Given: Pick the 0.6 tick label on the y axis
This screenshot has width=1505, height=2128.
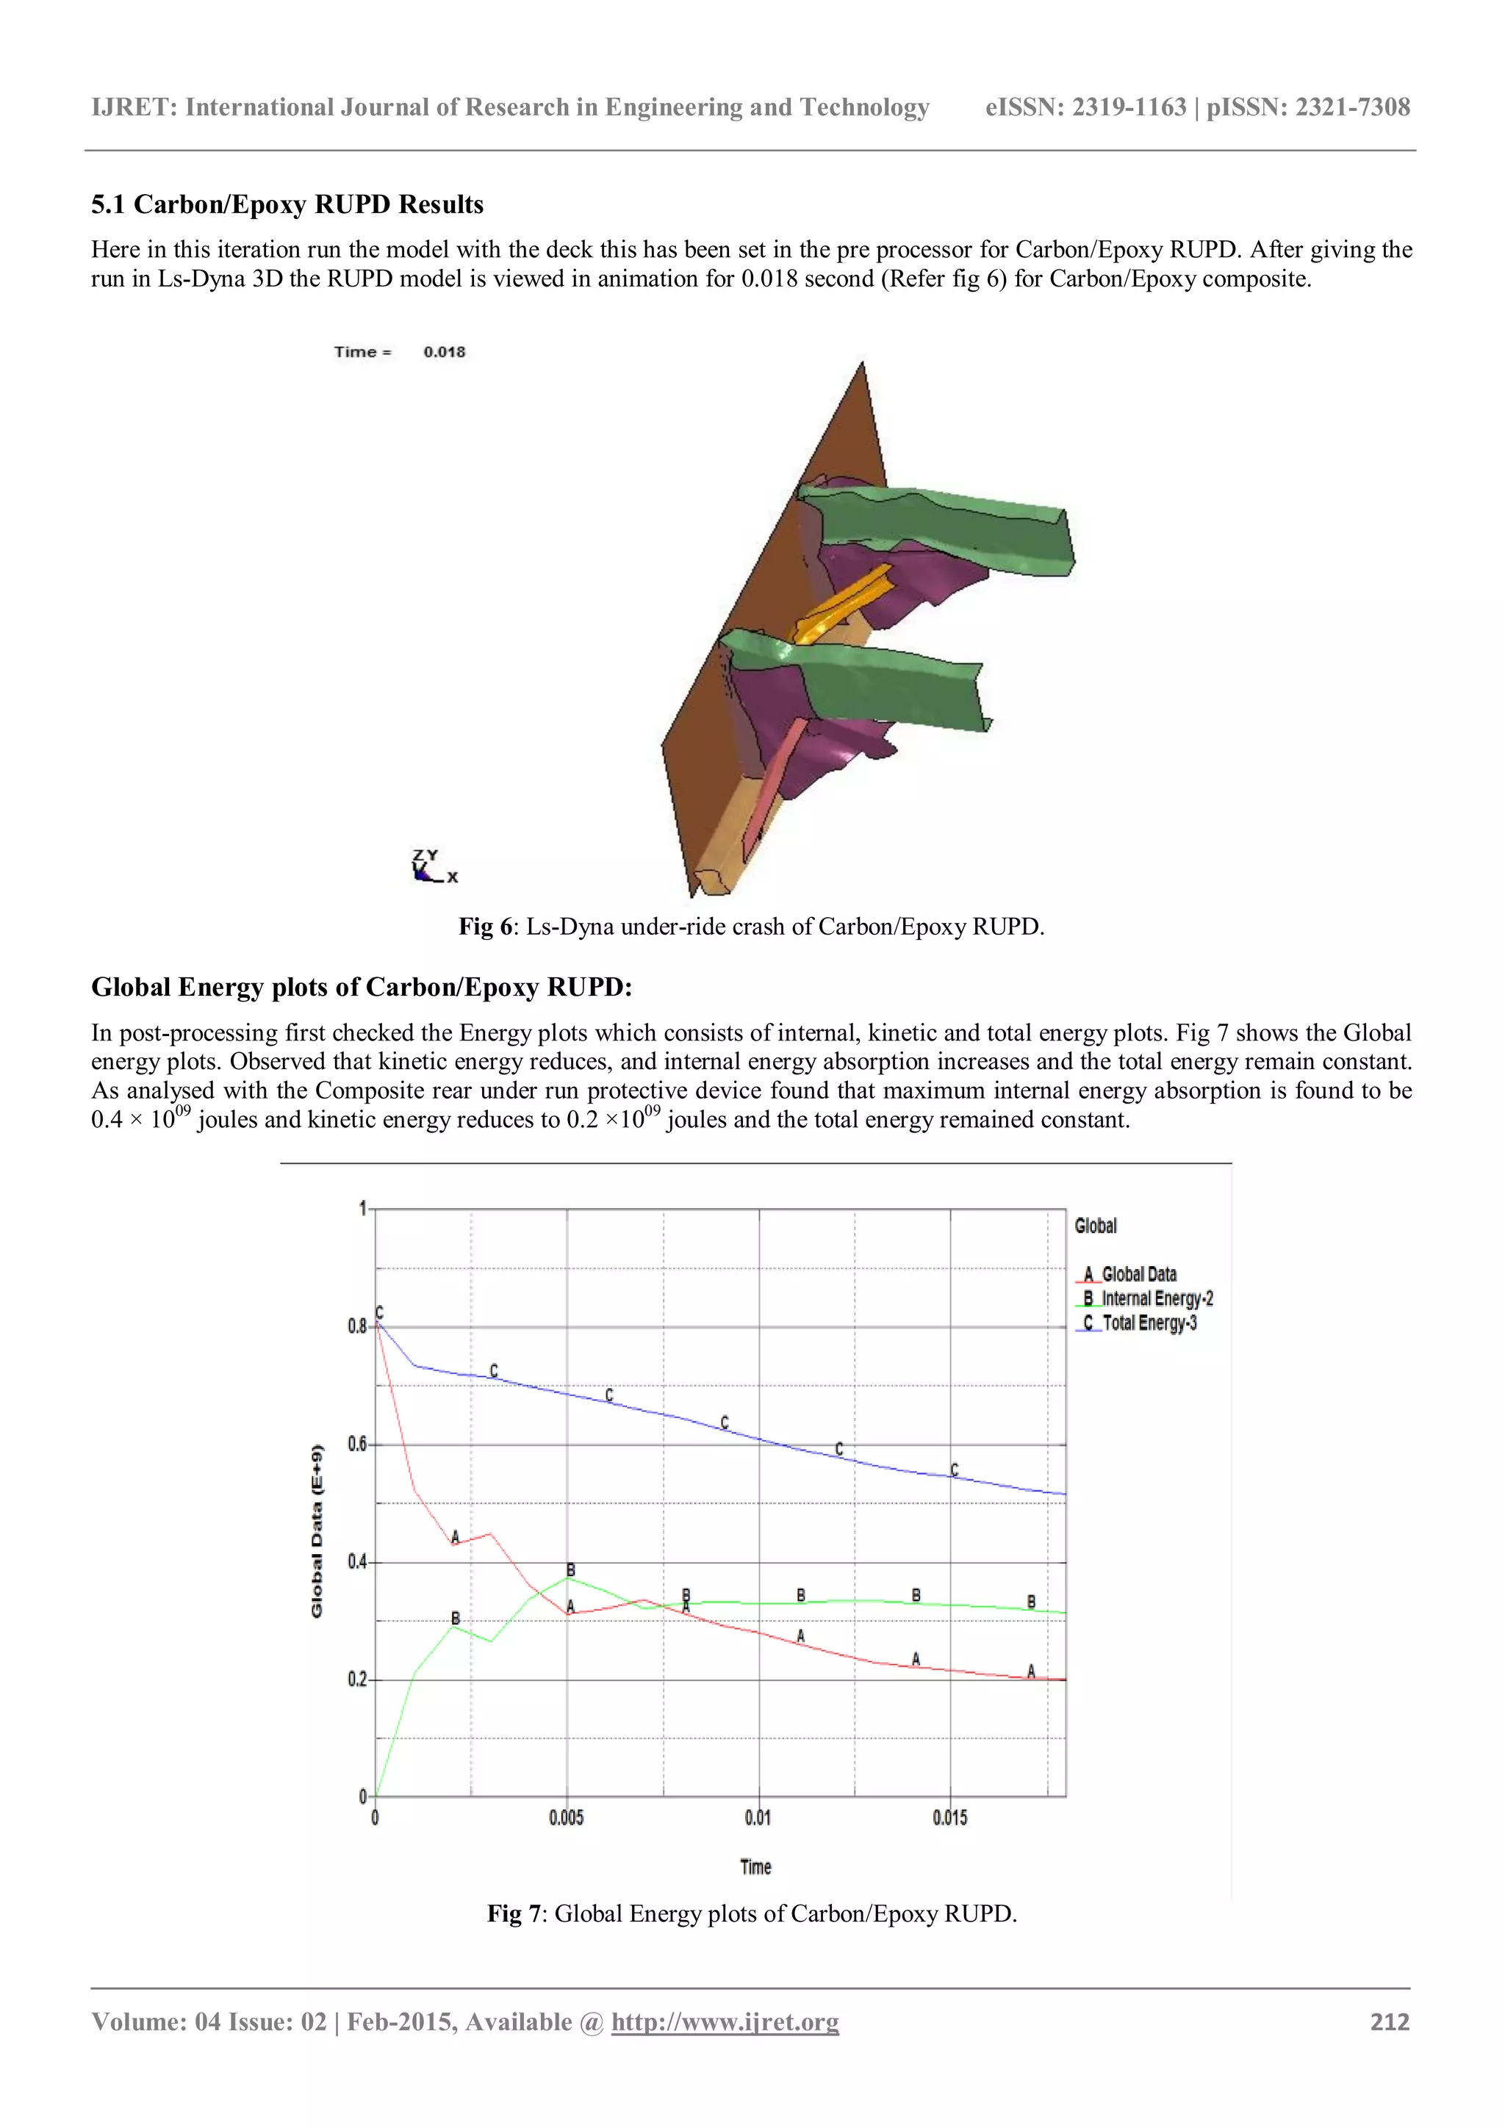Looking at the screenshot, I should (358, 1444).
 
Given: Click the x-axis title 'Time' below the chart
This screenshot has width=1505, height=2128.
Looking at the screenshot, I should (755, 1866).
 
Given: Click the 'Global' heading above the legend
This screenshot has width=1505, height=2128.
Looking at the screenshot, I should (1096, 1225).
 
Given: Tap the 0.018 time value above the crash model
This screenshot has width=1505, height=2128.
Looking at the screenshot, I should (444, 352).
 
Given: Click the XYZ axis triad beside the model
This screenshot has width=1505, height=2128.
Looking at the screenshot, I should (428, 866).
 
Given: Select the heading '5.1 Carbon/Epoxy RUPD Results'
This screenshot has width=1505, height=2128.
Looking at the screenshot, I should (287, 205).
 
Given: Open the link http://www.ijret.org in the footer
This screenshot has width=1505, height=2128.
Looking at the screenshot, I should (725, 2021).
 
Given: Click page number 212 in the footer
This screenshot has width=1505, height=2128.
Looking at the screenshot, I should (1389, 2021).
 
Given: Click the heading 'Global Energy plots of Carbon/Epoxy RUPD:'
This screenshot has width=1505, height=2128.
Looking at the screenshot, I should (362, 987).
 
